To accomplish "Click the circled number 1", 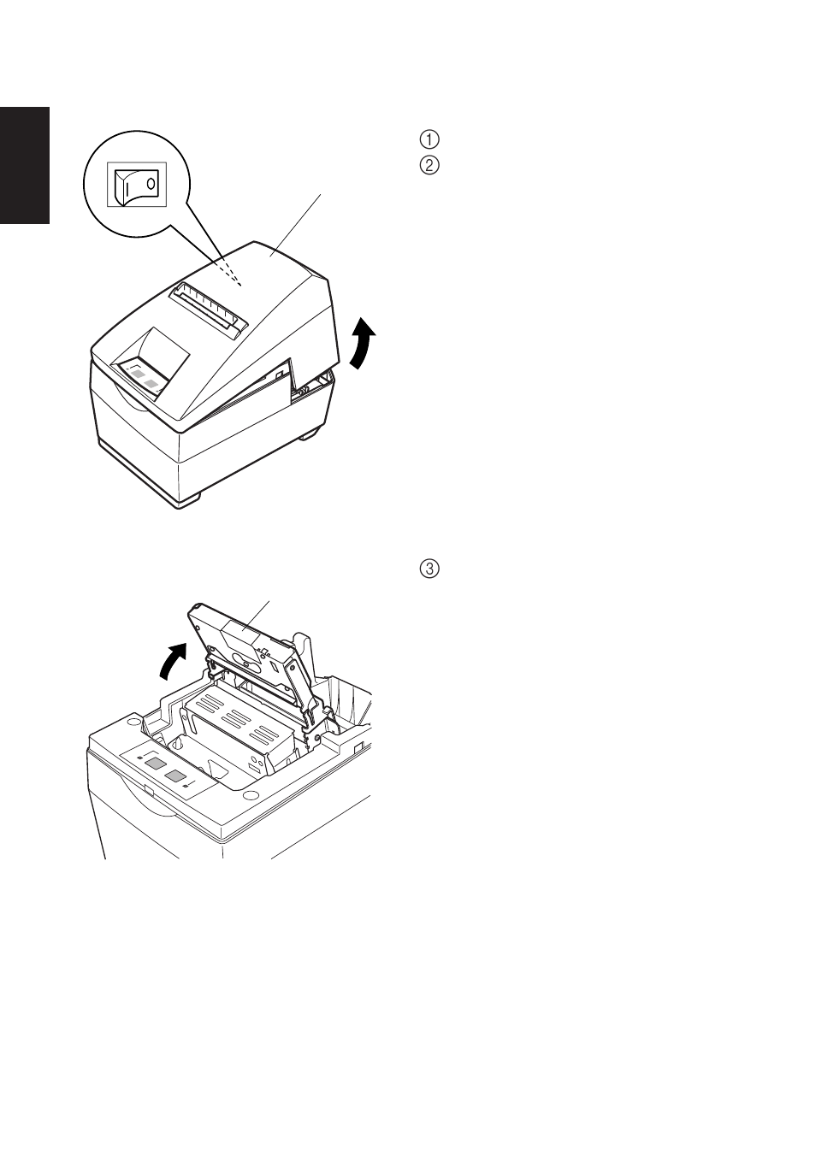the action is pos(429,139).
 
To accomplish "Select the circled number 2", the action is pos(429,166).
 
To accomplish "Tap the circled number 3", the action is pos(429,569).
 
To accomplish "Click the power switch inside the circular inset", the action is pos(137,184).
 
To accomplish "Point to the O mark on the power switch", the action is pos(151,183).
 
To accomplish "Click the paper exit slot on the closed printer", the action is pos(208,310).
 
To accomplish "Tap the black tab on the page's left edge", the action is pos(25,165).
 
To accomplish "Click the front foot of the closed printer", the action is pos(188,503).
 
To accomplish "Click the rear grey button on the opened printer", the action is pos(153,763).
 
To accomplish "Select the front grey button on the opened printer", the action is pos(175,776).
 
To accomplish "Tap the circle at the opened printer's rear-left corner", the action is pos(133,719).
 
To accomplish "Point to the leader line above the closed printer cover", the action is pos(295,225).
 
